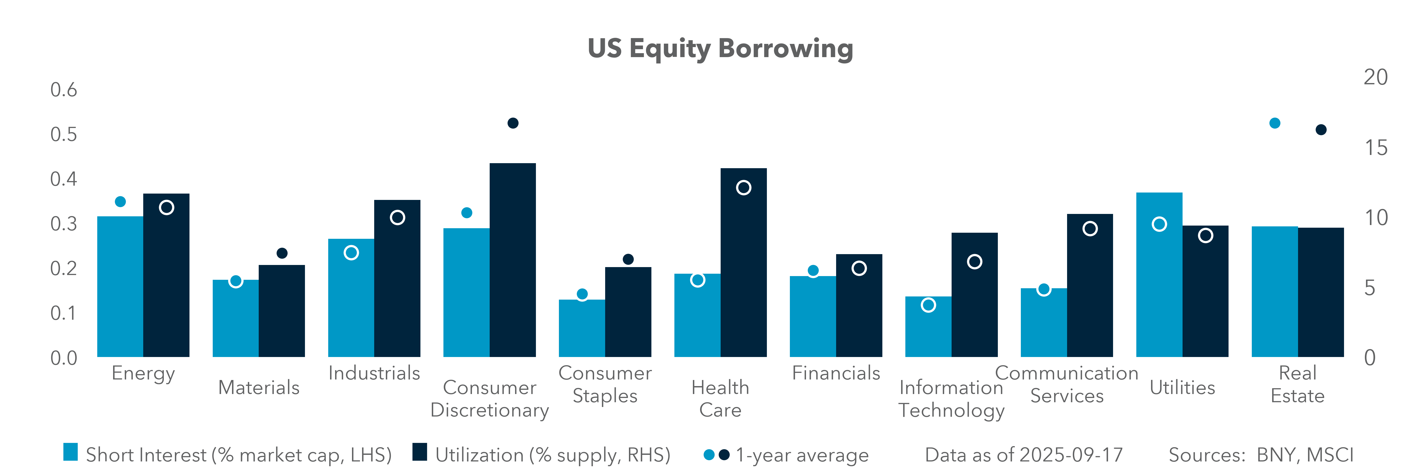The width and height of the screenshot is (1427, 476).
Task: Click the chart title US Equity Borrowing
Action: coord(720,49)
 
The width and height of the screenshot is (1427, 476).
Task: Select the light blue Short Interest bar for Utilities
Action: coord(1159,275)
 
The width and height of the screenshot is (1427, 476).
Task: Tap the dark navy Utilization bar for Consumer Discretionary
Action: coord(512,260)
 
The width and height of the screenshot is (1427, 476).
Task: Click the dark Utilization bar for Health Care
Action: coord(743,263)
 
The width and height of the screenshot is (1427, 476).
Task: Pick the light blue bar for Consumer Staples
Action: coord(582,328)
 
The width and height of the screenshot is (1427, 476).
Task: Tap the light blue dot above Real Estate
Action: coord(1275,123)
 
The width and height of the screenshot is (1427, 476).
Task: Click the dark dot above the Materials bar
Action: coord(282,253)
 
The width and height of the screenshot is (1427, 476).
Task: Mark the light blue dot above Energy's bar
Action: coord(120,202)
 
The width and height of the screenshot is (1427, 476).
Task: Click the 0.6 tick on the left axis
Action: coord(64,90)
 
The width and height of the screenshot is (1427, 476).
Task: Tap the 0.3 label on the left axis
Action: coord(64,224)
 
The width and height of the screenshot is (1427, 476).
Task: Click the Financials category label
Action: coord(836,373)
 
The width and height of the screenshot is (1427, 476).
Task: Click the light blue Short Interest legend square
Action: coord(70,452)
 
